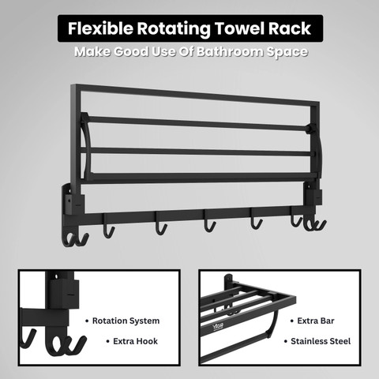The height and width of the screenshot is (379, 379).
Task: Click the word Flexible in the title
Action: tap(100, 28)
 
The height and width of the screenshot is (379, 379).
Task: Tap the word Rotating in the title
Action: tap(174, 29)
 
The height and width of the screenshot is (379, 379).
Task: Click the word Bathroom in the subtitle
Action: tap(230, 51)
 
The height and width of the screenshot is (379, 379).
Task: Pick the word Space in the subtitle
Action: tap(287, 52)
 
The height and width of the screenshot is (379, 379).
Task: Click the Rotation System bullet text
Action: tap(126, 321)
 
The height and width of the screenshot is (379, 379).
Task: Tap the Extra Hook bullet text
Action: tap(135, 341)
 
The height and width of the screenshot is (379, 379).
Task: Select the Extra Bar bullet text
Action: tap(316, 321)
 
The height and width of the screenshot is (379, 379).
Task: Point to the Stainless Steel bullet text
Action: tap(321, 341)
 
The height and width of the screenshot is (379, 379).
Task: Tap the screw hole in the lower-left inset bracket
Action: tap(56, 277)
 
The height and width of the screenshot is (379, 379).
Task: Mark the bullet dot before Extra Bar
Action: tap(291, 321)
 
